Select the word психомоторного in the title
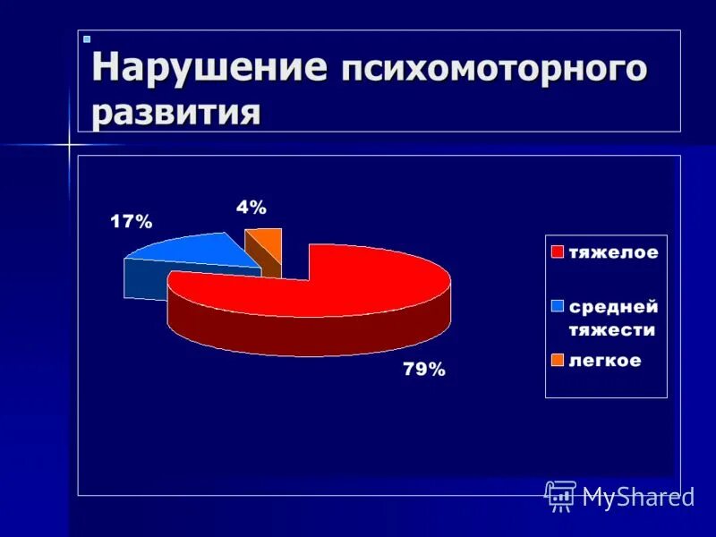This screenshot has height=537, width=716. tap(492, 70)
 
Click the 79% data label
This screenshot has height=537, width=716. tap(423, 369)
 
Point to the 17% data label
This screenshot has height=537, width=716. tap(132, 222)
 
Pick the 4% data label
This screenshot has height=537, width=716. tap(251, 208)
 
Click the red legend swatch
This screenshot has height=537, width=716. tap(557, 252)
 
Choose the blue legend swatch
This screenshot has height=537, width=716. tap(557, 306)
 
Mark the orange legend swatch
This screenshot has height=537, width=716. tap(557, 361)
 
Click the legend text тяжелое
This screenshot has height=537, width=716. tap(613, 253)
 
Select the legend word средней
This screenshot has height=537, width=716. tap(614, 307)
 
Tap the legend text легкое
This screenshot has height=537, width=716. tap(605, 361)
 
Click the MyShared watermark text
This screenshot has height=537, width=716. tap(638, 497)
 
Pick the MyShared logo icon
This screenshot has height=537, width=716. tap(560, 496)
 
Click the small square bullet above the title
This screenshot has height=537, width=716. tap(87, 39)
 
